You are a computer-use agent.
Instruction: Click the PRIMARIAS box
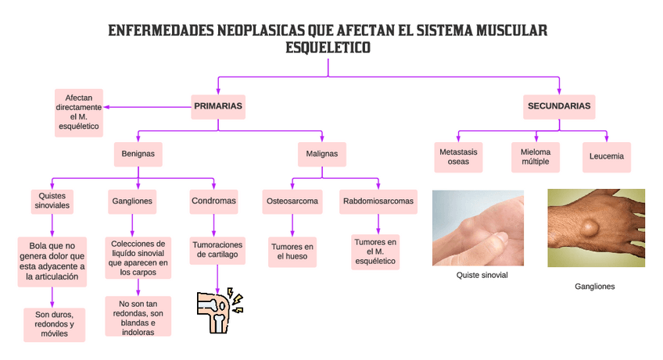pyautogui.click(x=218, y=106)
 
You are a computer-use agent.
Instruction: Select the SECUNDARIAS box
pyautogui.click(x=559, y=106)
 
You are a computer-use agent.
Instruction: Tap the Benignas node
pyautogui.click(x=138, y=155)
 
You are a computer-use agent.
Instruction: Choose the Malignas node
pyautogui.click(x=321, y=155)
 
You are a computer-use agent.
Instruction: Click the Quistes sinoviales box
pyautogui.click(x=52, y=201)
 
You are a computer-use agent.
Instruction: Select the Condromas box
pyautogui.click(x=213, y=201)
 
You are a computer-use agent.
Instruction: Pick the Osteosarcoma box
pyautogui.click(x=292, y=201)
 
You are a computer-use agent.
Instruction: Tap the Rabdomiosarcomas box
pyautogui.click(x=378, y=201)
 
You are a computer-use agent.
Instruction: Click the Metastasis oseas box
pyautogui.click(x=459, y=156)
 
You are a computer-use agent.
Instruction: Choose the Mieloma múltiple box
pyautogui.click(x=536, y=156)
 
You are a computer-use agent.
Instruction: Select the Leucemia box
pyautogui.click(x=607, y=156)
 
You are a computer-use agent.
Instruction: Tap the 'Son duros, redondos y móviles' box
pyautogui.click(x=54, y=324)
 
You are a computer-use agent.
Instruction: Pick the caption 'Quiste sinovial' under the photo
pyautogui.click(x=482, y=276)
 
